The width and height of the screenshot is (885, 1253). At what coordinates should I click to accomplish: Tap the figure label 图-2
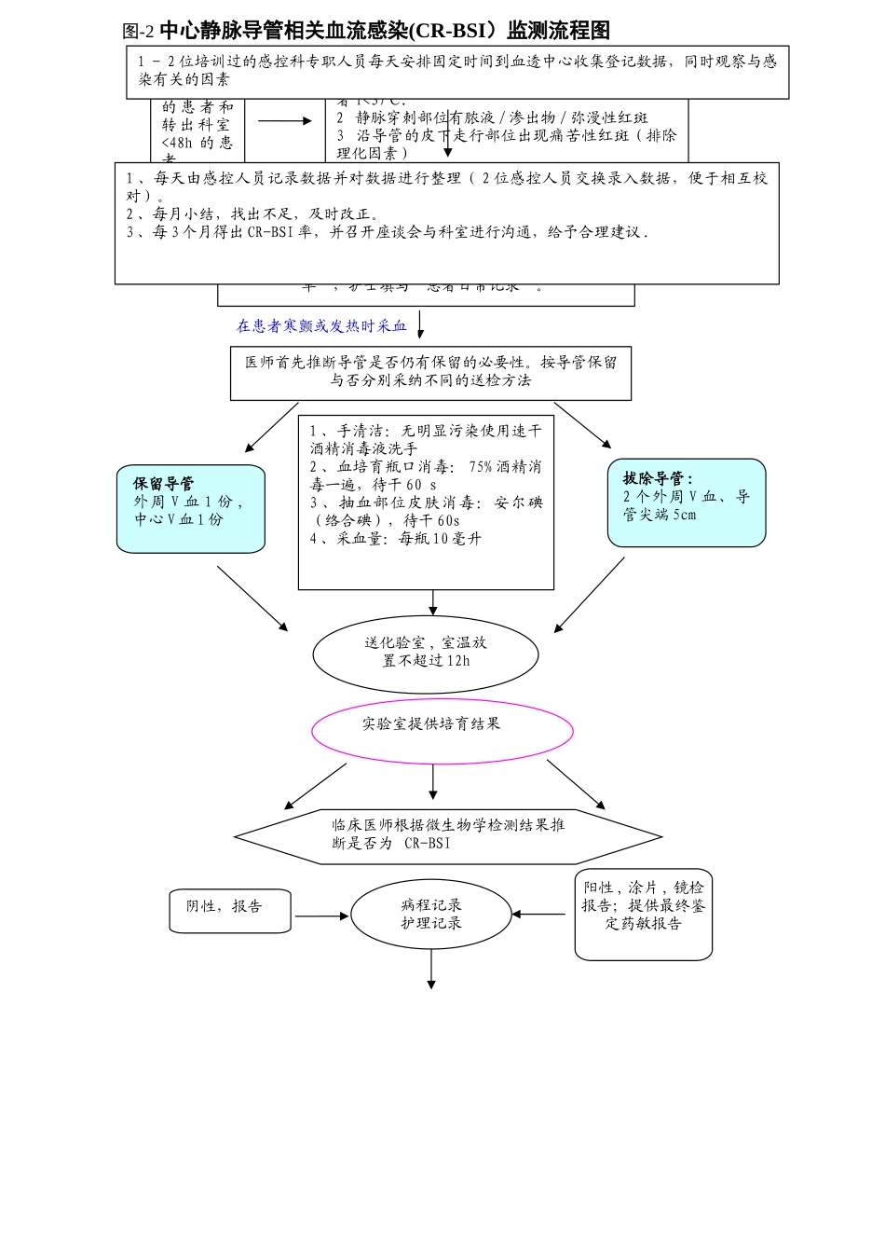(x=138, y=32)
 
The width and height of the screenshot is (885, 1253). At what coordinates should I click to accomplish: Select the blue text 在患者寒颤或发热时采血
(x=321, y=326)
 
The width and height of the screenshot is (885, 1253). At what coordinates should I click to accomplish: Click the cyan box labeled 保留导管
(x=190, y=508)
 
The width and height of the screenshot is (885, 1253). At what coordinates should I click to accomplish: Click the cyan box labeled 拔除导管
(x=686, y=502)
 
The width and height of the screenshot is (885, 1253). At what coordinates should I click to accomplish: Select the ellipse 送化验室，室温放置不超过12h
(x=426, y=653)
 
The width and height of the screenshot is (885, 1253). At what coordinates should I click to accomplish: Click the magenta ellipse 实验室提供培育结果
(x=442, y=731)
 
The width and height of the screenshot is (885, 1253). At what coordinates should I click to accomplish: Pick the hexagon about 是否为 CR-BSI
(x=448, y=835)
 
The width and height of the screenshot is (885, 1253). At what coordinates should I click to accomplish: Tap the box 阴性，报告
(x=229, y=910)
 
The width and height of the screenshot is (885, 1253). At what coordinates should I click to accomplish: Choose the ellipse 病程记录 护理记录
(x=430, y=915)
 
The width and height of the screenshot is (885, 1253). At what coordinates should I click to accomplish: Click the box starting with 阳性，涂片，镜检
(x=643, y=913)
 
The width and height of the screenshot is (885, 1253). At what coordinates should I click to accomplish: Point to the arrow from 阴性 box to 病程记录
(x=320, y=916)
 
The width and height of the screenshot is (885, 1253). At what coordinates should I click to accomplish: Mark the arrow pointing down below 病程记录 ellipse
(x=431, y=970)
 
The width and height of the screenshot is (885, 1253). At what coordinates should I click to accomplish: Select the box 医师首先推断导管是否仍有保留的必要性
(x=430, y=373)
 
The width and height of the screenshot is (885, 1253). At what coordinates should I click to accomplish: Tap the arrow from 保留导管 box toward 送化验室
(x=252, y=599)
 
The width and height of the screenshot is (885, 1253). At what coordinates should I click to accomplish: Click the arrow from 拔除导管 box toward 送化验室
(x=590, y=595)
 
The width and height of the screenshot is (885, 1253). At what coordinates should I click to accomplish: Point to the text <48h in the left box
(x=177, y=143)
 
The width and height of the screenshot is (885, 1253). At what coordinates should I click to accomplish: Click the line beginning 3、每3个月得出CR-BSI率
(x=387, y=232)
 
